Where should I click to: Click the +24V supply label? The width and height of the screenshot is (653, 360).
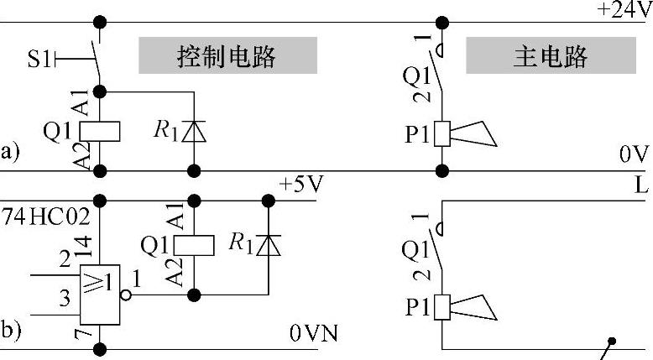click(623, 9)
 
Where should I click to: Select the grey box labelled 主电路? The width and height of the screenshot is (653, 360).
click(550, 56)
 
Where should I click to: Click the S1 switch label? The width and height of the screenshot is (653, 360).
click(39, 59)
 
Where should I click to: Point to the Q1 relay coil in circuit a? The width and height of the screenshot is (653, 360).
click(100, 131)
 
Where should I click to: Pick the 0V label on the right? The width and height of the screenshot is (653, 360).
click(635, 155)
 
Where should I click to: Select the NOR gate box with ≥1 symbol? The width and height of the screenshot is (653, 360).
click(101, 295)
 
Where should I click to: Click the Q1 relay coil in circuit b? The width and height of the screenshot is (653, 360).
click(194, 244)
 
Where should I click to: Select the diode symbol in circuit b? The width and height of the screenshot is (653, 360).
click(269, 244)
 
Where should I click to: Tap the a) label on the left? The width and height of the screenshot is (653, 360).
click(9, 152)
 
